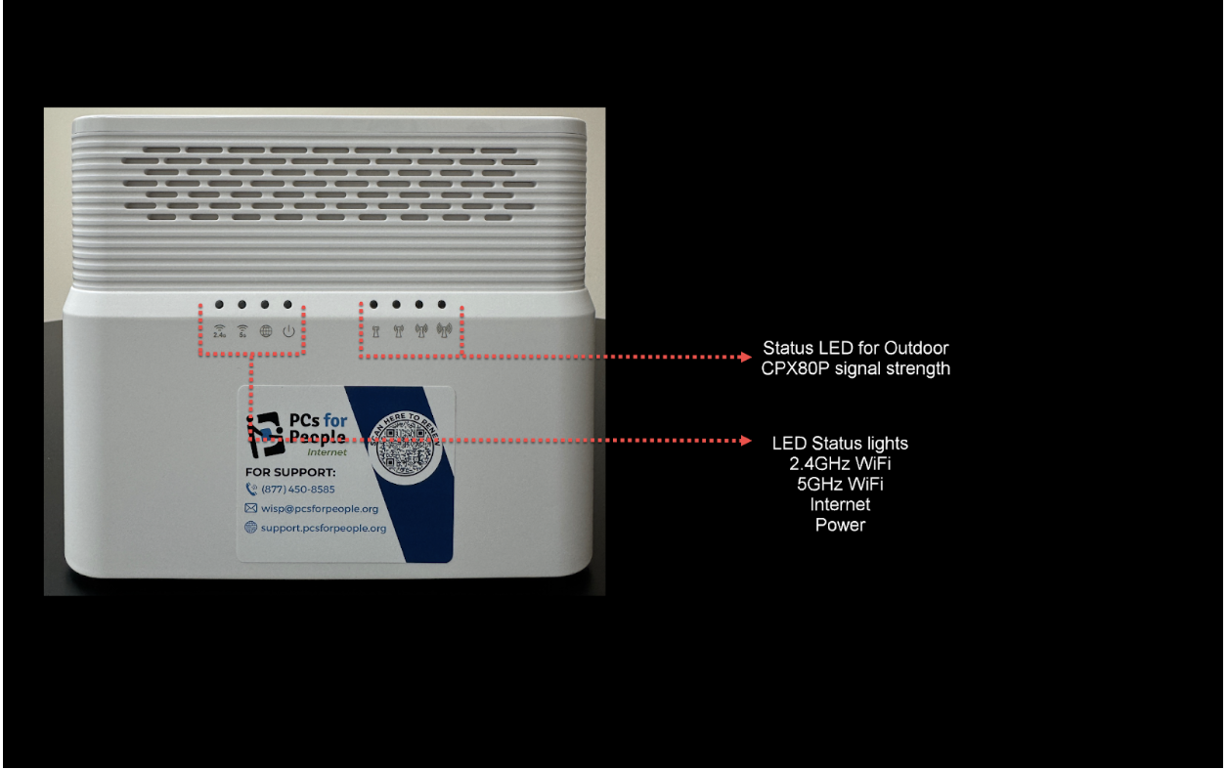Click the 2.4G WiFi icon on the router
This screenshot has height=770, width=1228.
219,331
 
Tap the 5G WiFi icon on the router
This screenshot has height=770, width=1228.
242,331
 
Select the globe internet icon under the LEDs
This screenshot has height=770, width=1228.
265,331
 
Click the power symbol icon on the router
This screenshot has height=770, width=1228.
288,331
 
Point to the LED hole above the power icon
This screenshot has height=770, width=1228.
288,305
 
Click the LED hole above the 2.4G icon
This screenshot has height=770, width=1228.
219,305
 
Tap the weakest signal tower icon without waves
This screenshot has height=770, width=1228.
374,331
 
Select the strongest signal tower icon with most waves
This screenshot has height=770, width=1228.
443,331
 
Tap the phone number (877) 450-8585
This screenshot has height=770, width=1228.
297,490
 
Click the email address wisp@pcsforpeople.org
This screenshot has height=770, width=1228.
319,509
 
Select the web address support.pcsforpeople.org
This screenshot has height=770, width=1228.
323,529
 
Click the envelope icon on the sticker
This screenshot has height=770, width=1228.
251,509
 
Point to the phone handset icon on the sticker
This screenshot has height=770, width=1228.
251,490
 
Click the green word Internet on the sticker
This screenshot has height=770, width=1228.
327,452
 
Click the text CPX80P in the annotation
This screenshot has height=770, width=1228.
796,368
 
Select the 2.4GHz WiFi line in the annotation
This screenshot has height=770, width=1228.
840,463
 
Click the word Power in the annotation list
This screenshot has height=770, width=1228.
840,525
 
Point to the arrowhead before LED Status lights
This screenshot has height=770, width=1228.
746,441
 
